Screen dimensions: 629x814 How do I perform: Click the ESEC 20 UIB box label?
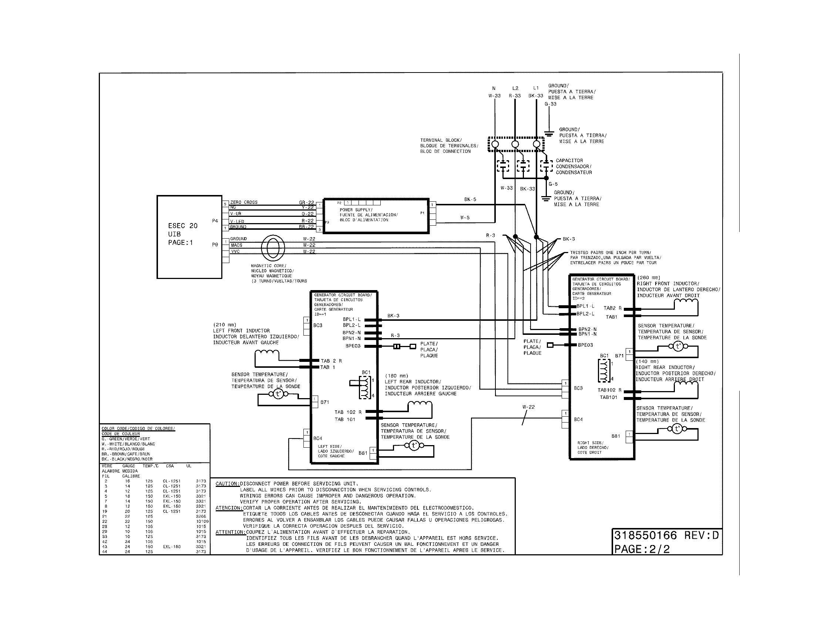[x=182, y=234]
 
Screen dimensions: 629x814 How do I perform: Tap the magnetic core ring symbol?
[x=273, y=248]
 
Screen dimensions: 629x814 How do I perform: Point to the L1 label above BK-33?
[x=536, y=88]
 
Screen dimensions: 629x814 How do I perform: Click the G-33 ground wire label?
[x=550, y=104]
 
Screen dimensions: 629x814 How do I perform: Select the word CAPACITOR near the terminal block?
[x=569, y=161]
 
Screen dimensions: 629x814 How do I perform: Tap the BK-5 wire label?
[x=470, y=199]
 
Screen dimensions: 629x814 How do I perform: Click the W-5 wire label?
[x=465, y=218]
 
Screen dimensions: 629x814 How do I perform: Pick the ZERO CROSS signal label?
[x=244, y=202]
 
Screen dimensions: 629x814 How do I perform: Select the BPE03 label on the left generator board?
[x=353, y=346]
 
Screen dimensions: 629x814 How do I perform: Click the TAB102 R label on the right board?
[x=609, y=390]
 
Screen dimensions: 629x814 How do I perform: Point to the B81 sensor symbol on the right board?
[x=677, y=429]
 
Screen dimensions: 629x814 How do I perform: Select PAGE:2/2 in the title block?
[x=642, y=549]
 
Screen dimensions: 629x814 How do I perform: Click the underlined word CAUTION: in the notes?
[x=227, y=484]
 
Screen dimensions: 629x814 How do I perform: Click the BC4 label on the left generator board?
[x=317, y=438]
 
